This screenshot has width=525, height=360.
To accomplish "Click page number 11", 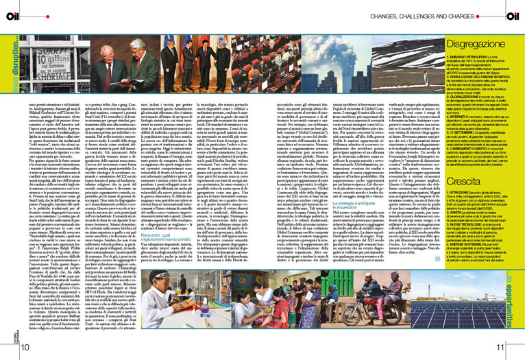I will (x=500, y=348).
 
